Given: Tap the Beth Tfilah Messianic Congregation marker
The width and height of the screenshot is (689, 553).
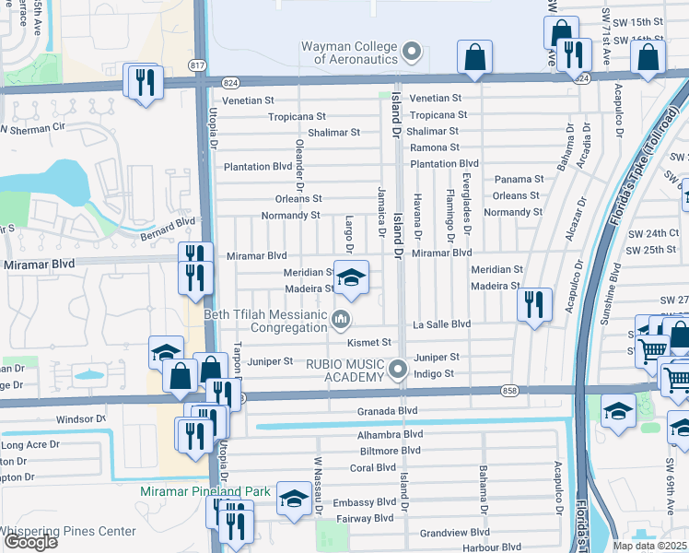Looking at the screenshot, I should click(341, 321).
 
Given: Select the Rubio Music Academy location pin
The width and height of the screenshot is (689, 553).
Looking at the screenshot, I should click(398, 370).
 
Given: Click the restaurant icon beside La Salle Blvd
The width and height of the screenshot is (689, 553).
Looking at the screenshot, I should click(534, 305).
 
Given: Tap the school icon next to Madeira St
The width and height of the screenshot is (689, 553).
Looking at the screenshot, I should click(351, 277).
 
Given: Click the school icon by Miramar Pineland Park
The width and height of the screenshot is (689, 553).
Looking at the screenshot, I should click(294, 500).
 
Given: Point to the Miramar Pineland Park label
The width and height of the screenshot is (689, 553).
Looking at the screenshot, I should click(205, 492).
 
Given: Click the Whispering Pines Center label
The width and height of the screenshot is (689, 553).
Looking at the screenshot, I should click(68, 532).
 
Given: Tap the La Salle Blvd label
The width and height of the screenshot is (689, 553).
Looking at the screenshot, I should click(441, 324).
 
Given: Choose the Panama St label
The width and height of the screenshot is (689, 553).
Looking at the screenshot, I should click(519, 180).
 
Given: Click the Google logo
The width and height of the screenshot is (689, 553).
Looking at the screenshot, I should click(29, 542).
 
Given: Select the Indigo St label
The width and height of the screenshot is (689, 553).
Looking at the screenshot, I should click(434, 374).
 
